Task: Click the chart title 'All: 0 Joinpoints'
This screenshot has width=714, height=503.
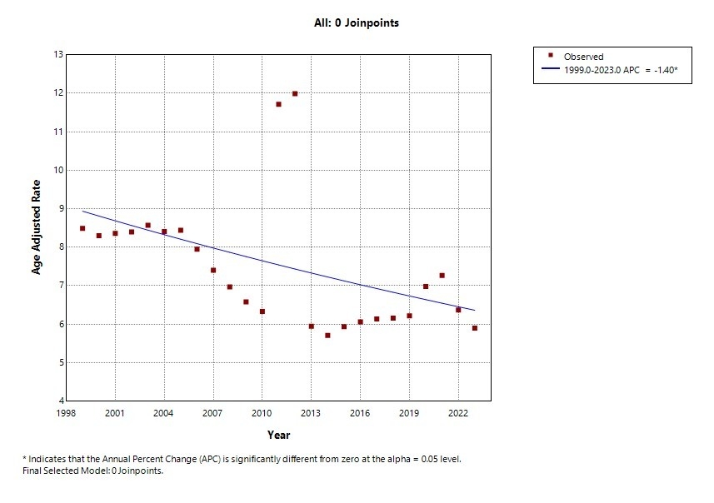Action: coord(351,23)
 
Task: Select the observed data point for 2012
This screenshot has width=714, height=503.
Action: coord(295,94)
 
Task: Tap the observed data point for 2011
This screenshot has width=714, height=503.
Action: coord(278,104)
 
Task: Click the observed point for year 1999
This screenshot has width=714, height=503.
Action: coord(82,228)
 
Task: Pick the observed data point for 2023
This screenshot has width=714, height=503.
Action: coord(475,328)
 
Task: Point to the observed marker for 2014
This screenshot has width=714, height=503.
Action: coord(327,336)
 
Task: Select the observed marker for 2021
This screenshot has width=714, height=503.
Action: coord(442,276)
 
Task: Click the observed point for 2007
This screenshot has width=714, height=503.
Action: coord(213,270)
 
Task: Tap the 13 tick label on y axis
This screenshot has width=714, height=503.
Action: coord(58,55)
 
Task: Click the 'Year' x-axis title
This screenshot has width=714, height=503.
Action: coord(278,435)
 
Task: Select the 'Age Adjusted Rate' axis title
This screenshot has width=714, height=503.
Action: coord(37,227)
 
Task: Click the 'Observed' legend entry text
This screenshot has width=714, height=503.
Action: coord(584,57)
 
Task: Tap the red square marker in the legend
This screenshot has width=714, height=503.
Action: coord(551,57)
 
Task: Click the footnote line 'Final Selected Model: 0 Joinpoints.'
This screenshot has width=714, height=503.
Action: coord(92,471)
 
